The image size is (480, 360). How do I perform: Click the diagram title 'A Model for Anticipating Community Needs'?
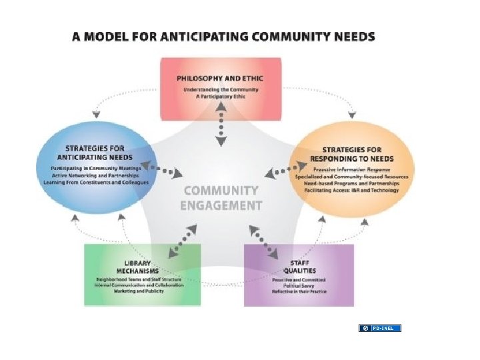[x=223, y=37]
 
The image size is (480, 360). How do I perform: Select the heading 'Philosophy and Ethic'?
[x=220, y=79]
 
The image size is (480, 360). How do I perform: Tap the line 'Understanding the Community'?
[x=220, y=89]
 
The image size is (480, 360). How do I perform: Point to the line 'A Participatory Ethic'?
[x=220, y=97]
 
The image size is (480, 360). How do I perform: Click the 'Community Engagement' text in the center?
[x=221, y=198]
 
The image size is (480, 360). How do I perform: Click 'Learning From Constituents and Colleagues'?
[x=95, y=182]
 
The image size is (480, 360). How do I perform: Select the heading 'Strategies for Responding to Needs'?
[x=351, y=154]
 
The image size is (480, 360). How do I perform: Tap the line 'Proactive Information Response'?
[x=351, y=169]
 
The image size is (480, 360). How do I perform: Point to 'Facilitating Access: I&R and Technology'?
[x=351, y=191]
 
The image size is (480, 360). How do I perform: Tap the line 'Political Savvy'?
[x=299, y=285]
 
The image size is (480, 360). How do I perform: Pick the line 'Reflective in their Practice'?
[x=299, y=292]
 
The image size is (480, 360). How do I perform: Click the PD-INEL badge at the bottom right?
[x=380, y=328]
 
